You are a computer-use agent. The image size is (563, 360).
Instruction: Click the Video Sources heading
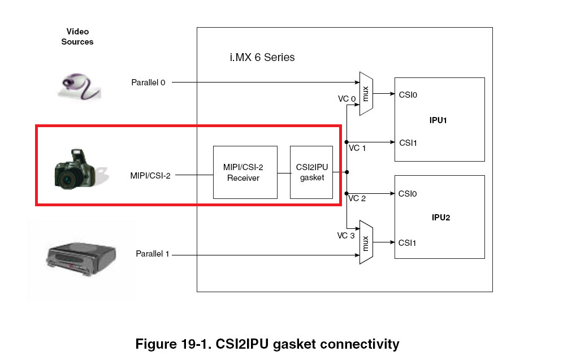click(77, 37)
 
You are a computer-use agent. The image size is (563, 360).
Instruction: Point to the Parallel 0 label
click(148, 83)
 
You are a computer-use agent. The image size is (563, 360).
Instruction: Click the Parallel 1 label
click(153, 254)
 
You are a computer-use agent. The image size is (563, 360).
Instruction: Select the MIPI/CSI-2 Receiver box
click(245, 172)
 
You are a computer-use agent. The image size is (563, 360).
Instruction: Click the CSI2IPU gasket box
click(311, 172)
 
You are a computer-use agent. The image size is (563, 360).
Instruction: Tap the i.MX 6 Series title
click(259, 58)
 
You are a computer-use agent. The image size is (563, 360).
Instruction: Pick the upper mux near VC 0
click(366, 93)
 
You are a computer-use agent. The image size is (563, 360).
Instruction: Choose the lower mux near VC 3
click(366, 242)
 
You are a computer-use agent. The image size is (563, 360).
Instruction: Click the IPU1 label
click(439, 120)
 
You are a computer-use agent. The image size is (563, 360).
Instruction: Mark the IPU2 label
click(439, 218)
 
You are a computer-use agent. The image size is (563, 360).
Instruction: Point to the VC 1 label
click(357, 148)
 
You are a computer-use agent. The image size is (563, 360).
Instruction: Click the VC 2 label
click(357, 198)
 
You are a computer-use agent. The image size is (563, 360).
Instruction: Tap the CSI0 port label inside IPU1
click(408, 95)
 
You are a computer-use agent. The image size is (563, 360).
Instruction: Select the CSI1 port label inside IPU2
click(408, 242)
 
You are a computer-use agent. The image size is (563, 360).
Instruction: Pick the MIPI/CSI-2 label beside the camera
click(150, 176)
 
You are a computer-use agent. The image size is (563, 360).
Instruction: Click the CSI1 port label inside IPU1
click(408, 142)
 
